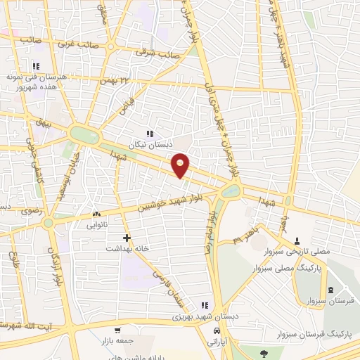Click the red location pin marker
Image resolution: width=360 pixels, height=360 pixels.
click(181, 165)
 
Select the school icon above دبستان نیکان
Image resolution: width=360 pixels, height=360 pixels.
click(149, 133)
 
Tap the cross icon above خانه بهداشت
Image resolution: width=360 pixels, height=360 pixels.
click(127, 238)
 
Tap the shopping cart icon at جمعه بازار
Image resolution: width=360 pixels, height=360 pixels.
click(117, 330)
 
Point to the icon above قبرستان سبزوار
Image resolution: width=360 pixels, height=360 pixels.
click(330, 290)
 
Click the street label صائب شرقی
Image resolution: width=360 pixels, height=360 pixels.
click(159, 51)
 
